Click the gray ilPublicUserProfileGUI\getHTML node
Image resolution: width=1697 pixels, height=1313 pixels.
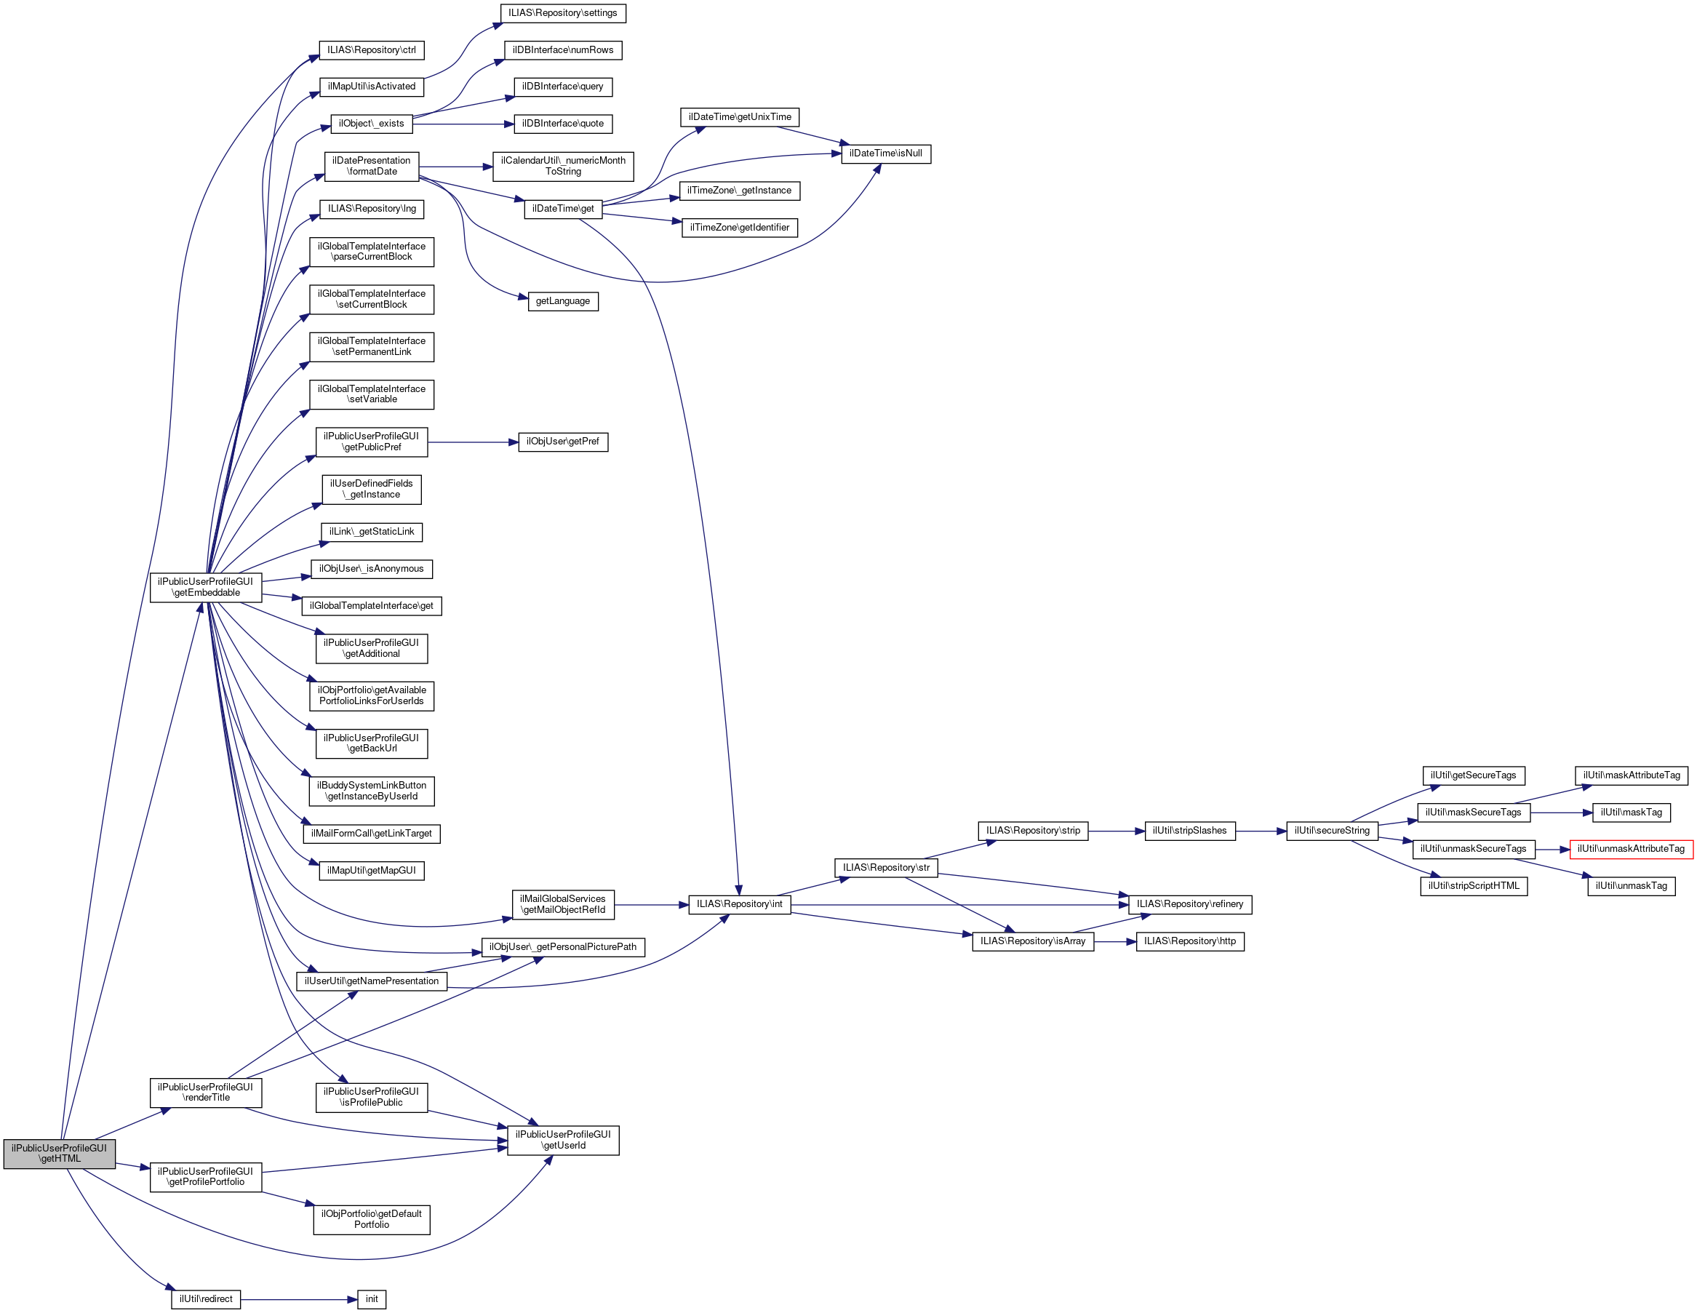click(x=59, y=1153)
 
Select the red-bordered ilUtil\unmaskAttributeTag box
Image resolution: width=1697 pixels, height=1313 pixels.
click(x=1630, y=849)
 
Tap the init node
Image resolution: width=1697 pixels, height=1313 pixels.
click(x=372, y=1299)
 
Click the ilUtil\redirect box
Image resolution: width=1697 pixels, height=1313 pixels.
click(x=206, y=1299)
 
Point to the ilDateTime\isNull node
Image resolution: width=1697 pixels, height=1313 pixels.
click(x=885, y=153)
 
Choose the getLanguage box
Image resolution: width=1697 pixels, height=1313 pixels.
click(x=562, y=301)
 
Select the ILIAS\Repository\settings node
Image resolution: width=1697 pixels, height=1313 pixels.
click(x=562, y=13)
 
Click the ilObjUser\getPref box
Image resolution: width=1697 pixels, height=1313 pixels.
click(x=562, y=442)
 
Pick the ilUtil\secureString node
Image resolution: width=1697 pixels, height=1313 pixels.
click(x=1332, y=831)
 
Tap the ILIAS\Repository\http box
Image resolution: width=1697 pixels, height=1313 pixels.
click(x=1189, y=941)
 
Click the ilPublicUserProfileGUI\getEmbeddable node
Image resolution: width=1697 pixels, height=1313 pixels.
click(x=206, y=587)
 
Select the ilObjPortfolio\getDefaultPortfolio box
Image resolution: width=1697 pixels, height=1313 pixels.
click(x=372, y=1219)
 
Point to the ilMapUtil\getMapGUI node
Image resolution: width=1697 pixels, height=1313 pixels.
click(x=372, y=871)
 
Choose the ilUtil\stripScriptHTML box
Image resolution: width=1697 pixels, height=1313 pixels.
click(x=1473, y=887)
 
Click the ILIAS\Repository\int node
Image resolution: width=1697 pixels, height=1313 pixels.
click(x=739, y=904)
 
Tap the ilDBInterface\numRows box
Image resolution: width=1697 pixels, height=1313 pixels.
click(x=562, y=50)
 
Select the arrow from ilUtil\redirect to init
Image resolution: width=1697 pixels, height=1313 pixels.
click(x=298, y=1299)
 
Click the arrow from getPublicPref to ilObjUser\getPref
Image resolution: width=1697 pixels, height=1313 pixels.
click(x=472, y=442)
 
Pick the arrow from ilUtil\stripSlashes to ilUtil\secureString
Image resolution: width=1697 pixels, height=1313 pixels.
click(x=1261, y=831)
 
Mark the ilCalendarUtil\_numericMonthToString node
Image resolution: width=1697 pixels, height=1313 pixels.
click(x=562, y=167)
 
